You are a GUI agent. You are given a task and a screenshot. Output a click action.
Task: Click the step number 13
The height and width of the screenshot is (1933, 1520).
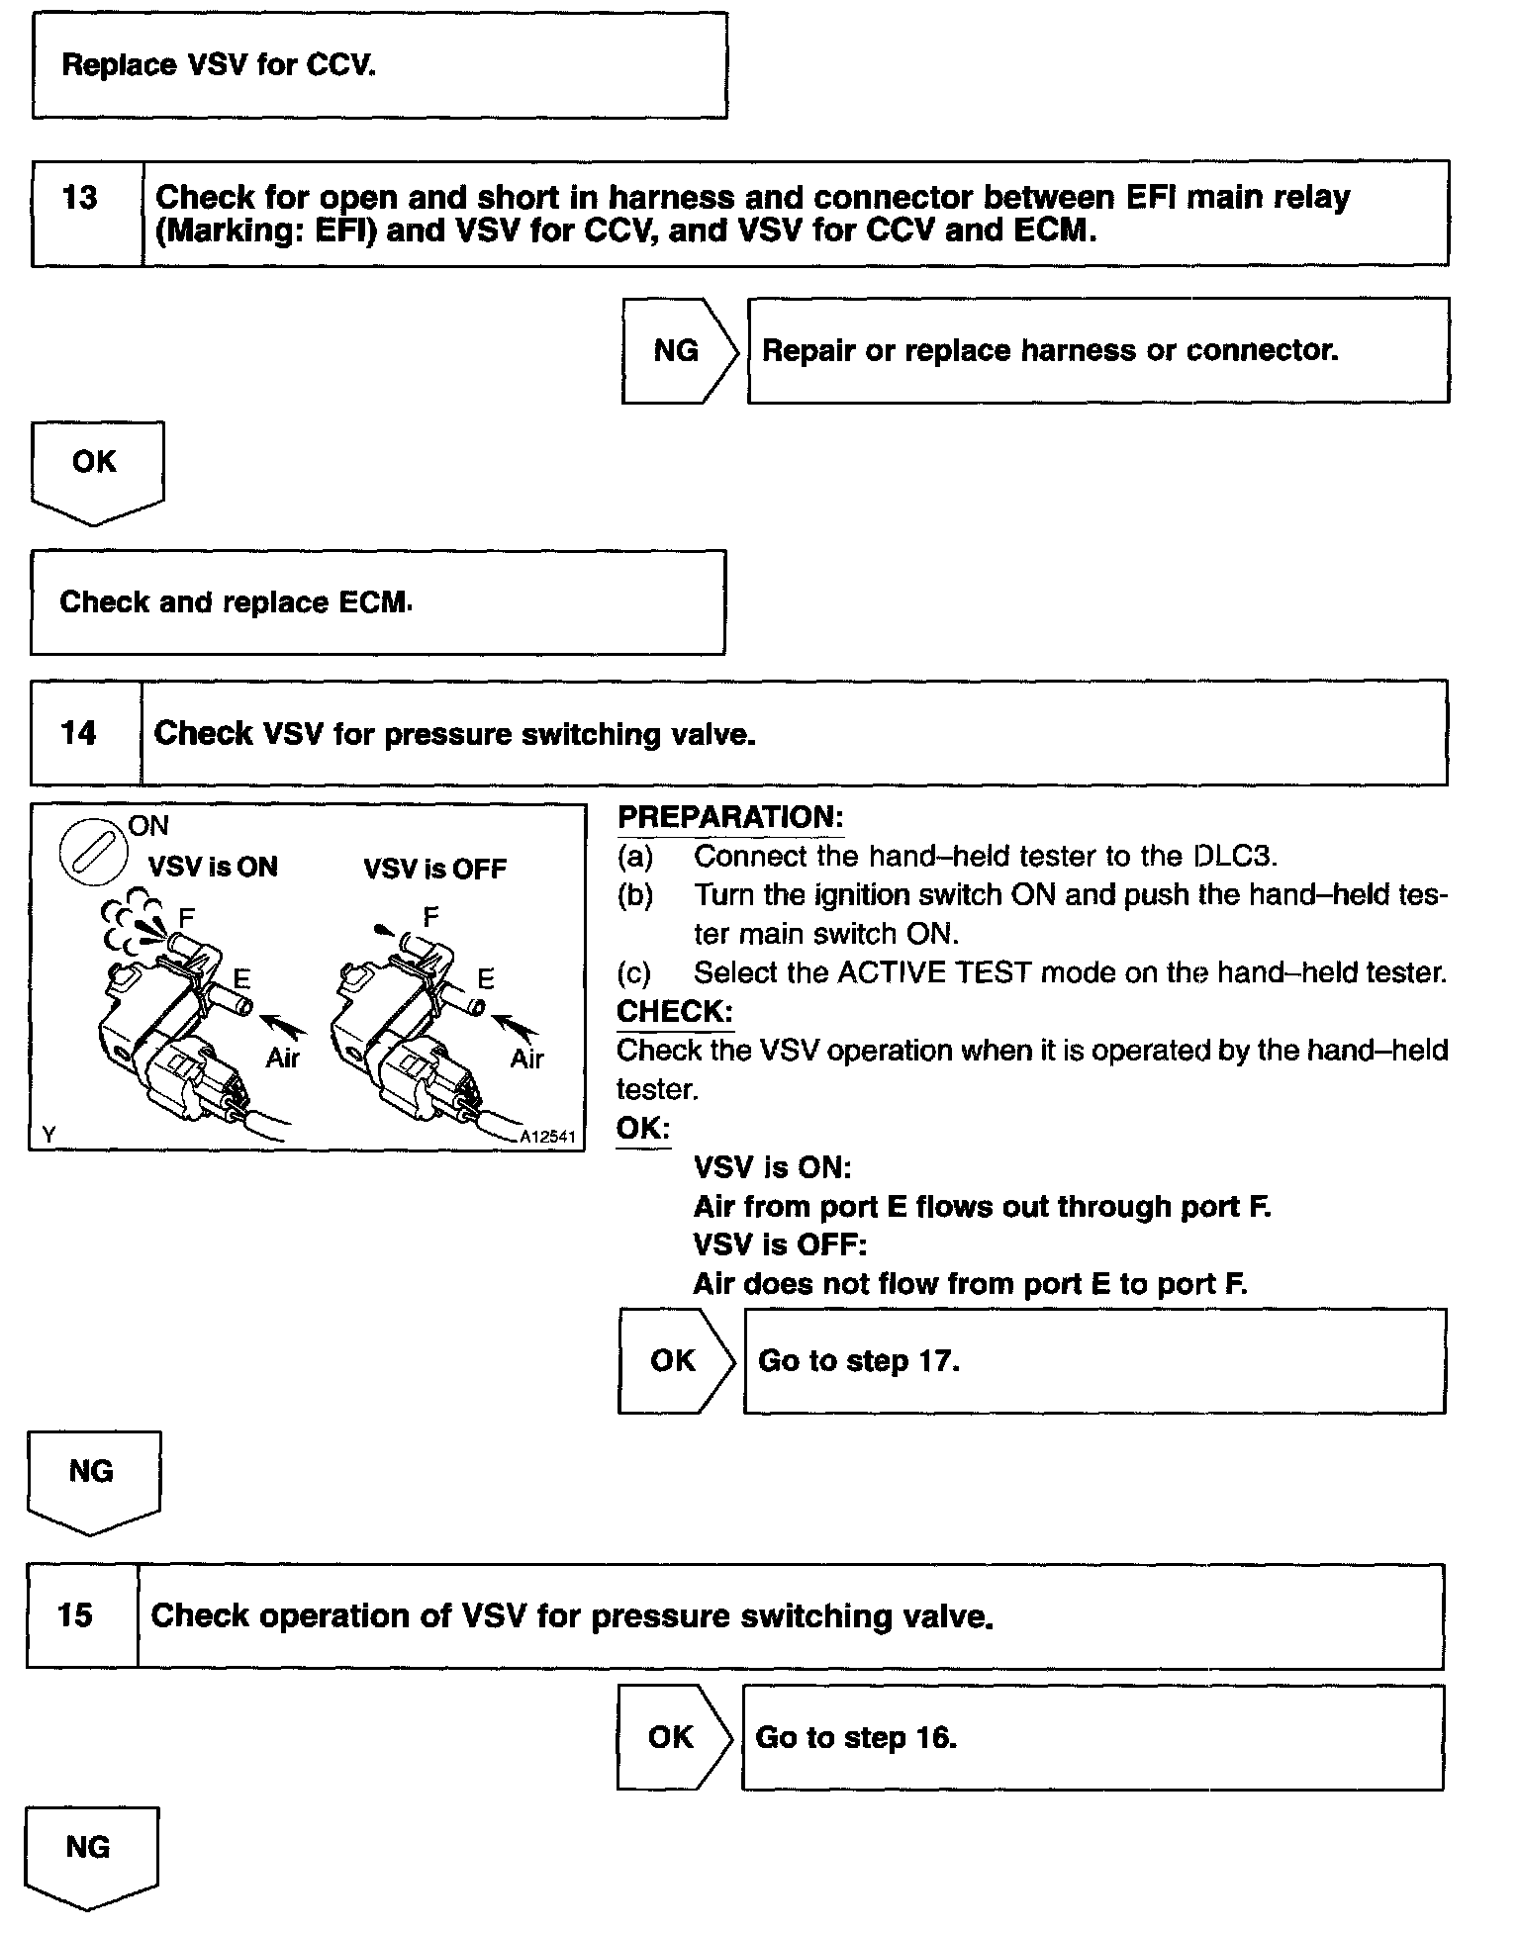coord(80,198)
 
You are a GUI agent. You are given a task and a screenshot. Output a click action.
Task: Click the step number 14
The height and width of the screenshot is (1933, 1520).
coord(79,733)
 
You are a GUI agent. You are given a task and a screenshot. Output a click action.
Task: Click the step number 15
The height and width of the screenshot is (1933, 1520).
coord(75,1615)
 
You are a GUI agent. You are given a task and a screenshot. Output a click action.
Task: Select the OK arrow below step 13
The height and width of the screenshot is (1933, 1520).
coord(96,467)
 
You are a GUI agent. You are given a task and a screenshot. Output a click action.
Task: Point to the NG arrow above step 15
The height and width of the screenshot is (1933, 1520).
coord(92,1477)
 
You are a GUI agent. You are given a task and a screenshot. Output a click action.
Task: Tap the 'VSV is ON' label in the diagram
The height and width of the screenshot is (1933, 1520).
coord(213,868)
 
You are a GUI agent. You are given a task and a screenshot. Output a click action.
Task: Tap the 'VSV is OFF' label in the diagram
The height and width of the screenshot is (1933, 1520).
coord(434,870)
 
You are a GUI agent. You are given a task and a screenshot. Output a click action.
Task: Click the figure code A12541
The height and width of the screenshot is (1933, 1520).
coord(547,1138)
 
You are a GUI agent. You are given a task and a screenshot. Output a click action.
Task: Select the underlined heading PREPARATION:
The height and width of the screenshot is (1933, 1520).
coord(730,817)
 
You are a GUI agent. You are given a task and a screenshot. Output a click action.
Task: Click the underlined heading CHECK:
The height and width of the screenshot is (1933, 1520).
coord(675,1011)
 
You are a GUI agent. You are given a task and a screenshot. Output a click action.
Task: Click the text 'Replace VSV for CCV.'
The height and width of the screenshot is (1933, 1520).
coord(219,65)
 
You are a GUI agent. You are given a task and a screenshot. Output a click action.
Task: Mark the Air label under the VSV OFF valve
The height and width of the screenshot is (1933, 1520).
coord(527,1059)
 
